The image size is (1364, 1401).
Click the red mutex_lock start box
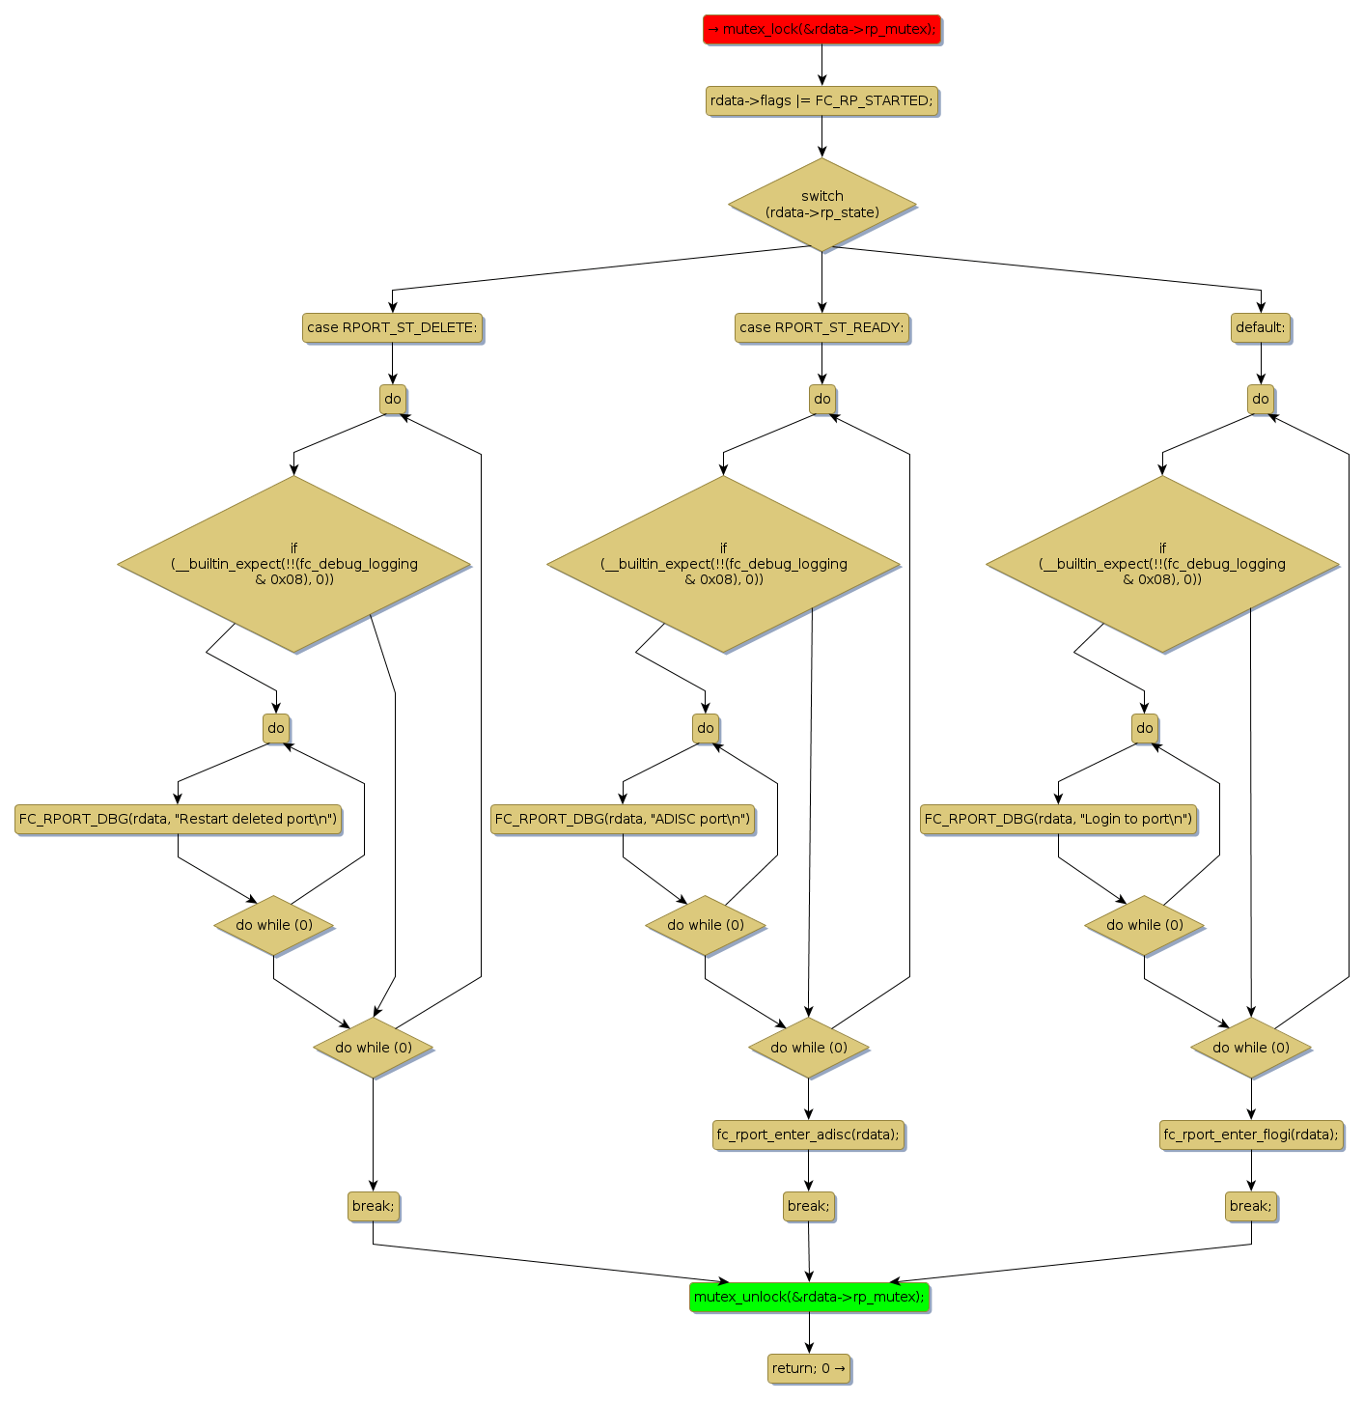tap(821, 30)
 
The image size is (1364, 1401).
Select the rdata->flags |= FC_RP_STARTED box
tap(821, 100)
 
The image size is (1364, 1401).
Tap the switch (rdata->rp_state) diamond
tap(821, 205)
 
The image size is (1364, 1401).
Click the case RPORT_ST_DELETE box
tap(392, 327)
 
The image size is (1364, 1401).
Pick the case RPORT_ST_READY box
tap(821, 327)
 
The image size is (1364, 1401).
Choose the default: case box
tap(1261, 327)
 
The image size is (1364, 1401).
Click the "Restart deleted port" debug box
tap(179, 819)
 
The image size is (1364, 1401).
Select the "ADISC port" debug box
tap(623, 819)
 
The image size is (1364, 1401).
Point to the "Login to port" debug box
tap(1058, 819)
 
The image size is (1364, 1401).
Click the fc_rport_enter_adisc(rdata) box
tap(808, 1135)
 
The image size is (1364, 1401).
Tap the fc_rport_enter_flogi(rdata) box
tap(1251, 1135)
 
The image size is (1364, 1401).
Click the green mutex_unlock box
tap(809, 1297)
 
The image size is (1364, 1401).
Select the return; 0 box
tap(809, 1368)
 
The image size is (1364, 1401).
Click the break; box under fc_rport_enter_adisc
tap(808, 1206)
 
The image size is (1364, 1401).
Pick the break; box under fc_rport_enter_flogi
tap(1251, 1206)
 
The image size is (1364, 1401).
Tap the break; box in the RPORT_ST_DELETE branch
tap(373, 1206)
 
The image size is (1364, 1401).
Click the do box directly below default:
tap(1261, 399)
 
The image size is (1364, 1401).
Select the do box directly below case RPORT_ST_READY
tap(822, 399)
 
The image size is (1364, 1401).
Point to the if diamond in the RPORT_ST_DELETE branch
tap(294, 564)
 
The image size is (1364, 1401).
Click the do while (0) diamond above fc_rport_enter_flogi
tap(1251, 1048)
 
